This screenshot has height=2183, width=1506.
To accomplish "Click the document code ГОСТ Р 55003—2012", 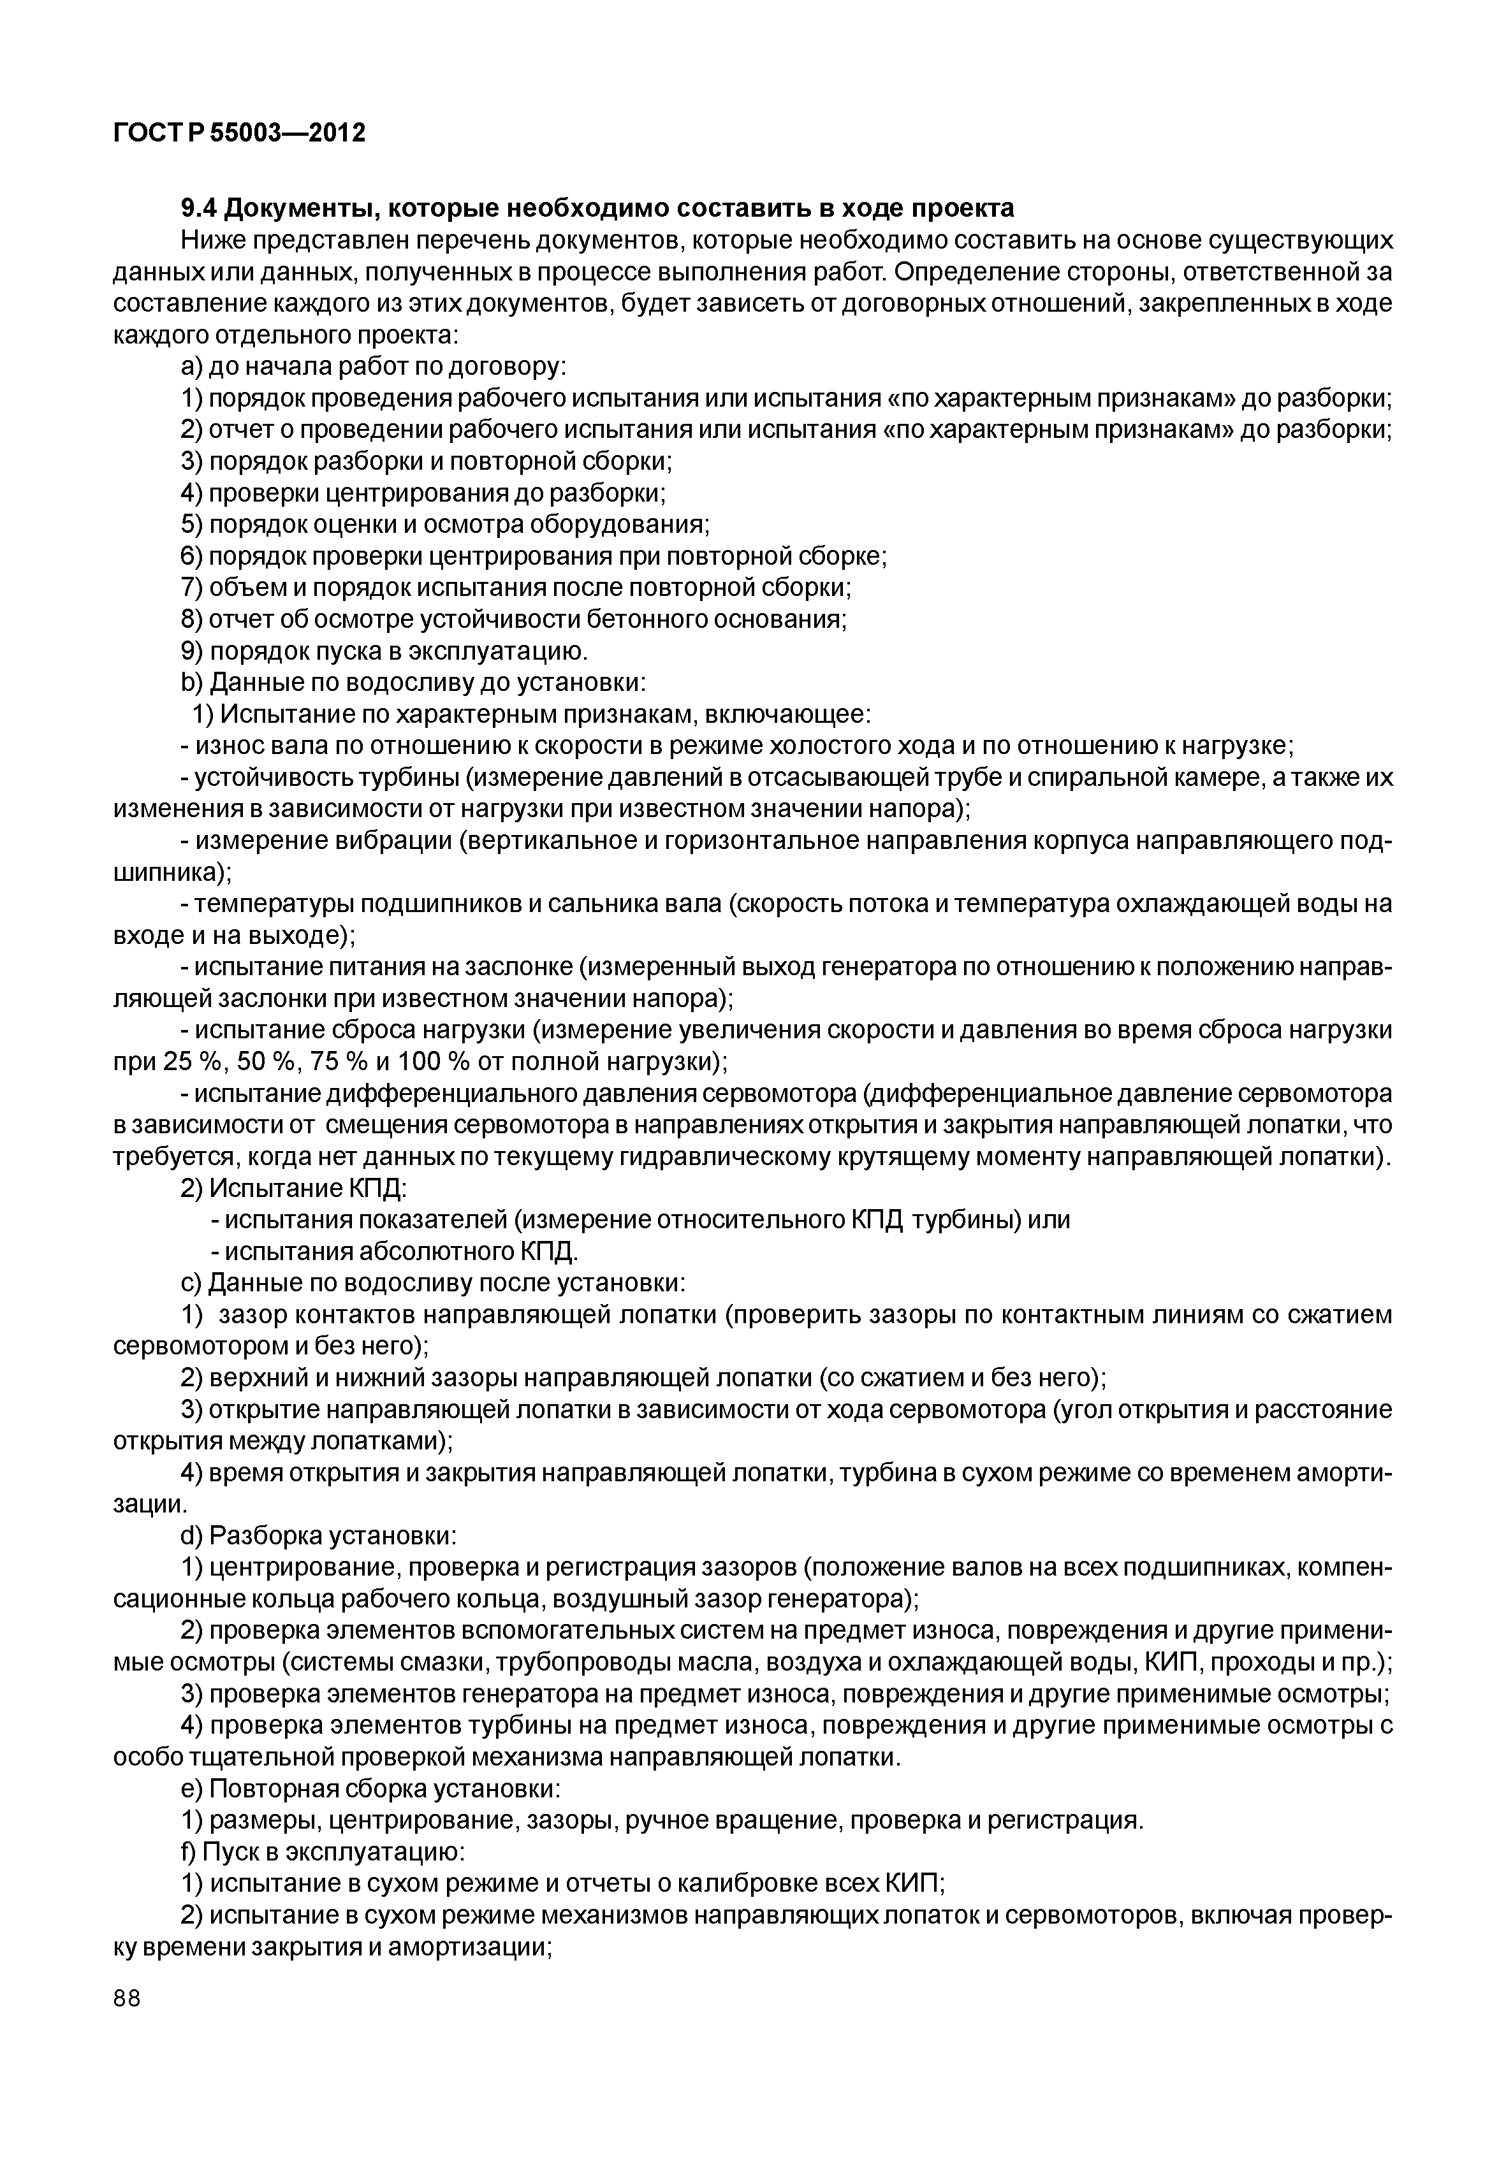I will tap(238, 133).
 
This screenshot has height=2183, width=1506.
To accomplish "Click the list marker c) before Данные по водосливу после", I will tap(191, 1283).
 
